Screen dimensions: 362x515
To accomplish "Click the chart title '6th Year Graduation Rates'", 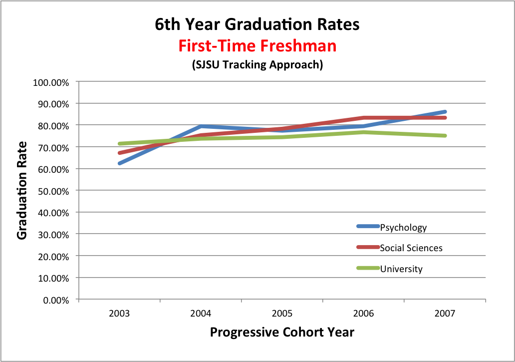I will [257, 24].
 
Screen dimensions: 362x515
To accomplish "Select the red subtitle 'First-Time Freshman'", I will [257, 46].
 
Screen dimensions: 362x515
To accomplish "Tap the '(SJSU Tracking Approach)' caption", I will [257, 65].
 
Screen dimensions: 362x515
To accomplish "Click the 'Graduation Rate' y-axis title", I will [22, 190].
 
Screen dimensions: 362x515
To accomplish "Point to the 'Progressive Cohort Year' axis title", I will [282, 333].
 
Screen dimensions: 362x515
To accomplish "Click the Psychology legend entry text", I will [403, 228].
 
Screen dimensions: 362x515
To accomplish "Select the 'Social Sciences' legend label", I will [411, 248].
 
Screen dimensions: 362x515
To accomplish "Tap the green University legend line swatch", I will [368, 268].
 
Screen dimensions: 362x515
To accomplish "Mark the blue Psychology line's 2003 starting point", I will [120, 163].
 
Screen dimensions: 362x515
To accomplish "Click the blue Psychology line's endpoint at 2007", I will [445, 112].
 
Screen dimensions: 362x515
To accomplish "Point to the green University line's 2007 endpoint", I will [445, 135].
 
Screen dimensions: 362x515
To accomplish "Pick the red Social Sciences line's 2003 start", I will [120, 153].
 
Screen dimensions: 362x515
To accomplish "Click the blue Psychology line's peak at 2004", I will [201, 126].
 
